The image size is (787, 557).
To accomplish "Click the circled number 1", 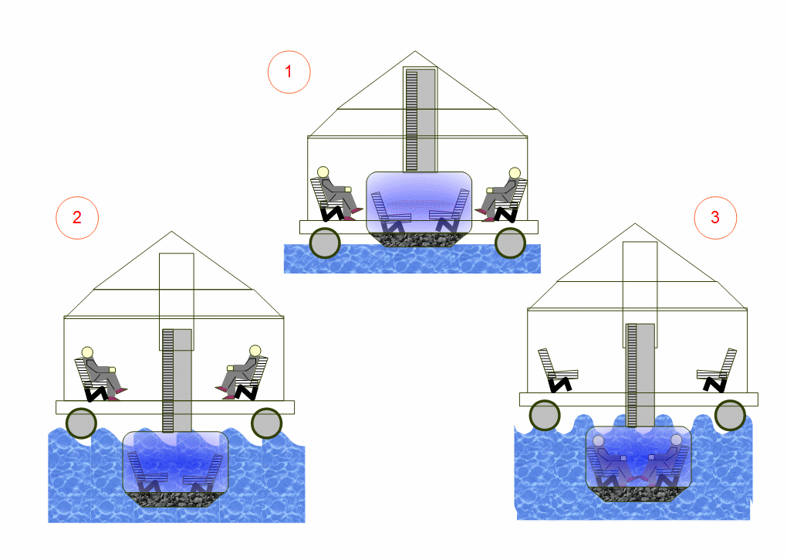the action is click(x=289, y=72).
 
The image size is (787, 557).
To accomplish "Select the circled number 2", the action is click(x=77, y=217).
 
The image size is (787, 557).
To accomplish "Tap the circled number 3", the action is click(x=715, y=217).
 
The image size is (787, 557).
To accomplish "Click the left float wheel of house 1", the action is click(x=325, y=243).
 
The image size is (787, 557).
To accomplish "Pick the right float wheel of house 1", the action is click(x=510, y=243).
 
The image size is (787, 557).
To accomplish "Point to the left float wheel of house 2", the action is click(x=81, y=423).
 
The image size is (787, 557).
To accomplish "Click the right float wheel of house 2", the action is click(x=266, y=423).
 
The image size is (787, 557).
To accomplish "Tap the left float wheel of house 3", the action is click(x=545, y=415).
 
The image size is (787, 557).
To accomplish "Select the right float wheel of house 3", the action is click(x=730, y=415).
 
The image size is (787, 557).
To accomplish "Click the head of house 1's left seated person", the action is click(x=323, y=172).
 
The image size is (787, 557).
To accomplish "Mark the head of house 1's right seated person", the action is click(x=515, y=173).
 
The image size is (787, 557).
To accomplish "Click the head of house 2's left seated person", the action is click(x=87, y=352).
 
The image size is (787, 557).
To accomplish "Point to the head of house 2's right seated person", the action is click(x=255, y=351).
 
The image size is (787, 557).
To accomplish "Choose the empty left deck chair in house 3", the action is click(x=558, y=371).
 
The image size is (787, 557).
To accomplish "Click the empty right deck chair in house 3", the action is click(x=717, y=371).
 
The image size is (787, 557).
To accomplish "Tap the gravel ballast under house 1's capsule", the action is click(x=419, y=239).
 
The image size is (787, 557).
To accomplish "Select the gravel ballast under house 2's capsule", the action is click(x=175, y=499).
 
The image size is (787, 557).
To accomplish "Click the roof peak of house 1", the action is click(x=414, y=51).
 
